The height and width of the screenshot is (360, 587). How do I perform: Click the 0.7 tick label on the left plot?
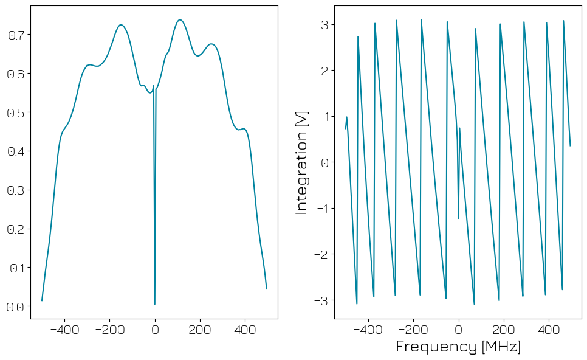pyautogui.click(x=16, y=35)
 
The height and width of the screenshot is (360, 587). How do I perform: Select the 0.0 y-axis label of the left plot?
pyautogui.click(x=16, y=307)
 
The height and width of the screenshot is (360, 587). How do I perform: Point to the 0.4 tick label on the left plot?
pyautogui.click(x=16, y=151)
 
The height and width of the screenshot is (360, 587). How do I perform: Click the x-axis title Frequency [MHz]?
pyautogui.click(x=458, y=347)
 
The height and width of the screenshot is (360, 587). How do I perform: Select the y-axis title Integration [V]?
pyautogui.click(x=301, y=162)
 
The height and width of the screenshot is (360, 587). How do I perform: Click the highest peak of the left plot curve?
pyautogui.click(x=180, y=19)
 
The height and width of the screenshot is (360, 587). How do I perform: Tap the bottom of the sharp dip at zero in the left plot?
pyautogui.click(x=155, y=304)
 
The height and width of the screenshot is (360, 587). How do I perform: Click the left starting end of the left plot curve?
pyautogui.click(x=42, y=300)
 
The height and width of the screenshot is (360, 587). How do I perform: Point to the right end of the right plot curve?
pyautogui.click(x=570, y=145)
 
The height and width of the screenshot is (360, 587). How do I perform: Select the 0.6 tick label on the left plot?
pyautogui.click(x=16, y=74)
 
